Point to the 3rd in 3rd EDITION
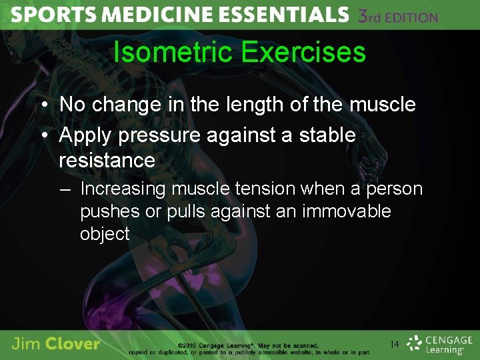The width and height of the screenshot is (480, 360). click(371, 16)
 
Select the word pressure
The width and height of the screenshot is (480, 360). click(159, 135)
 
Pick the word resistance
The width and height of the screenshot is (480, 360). click(107, 160)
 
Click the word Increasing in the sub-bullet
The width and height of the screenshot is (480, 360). click(123, 189)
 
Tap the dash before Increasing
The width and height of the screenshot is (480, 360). click(65, 189)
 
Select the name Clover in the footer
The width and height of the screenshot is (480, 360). click(73, 345)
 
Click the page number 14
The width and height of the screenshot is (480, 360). click(395, 344)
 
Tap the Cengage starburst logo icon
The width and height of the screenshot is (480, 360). click(415, 343)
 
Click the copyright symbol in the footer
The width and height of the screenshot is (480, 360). click(181, 345)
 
